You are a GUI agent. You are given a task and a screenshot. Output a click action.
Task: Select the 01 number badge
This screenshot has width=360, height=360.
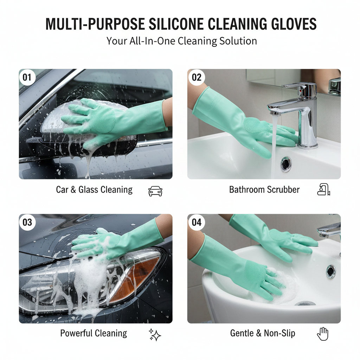27,77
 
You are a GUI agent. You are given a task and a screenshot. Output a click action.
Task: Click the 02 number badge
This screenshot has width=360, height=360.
197,77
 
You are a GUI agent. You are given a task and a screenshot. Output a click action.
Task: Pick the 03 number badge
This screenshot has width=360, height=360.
27,222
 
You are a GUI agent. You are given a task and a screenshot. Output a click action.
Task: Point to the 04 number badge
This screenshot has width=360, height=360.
197,222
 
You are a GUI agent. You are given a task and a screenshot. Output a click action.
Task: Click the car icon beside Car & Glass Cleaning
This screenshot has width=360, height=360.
155,191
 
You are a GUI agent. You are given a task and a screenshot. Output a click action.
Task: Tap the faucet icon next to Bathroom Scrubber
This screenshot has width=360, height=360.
323,190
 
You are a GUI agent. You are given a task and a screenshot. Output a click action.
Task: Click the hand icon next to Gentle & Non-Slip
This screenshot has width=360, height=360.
322,334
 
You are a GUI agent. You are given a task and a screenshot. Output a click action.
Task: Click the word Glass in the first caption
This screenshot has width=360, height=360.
89,190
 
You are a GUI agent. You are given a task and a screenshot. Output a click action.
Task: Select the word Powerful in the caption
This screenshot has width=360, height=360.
76,333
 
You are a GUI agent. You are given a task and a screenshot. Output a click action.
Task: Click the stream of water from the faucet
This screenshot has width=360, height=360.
274,148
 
